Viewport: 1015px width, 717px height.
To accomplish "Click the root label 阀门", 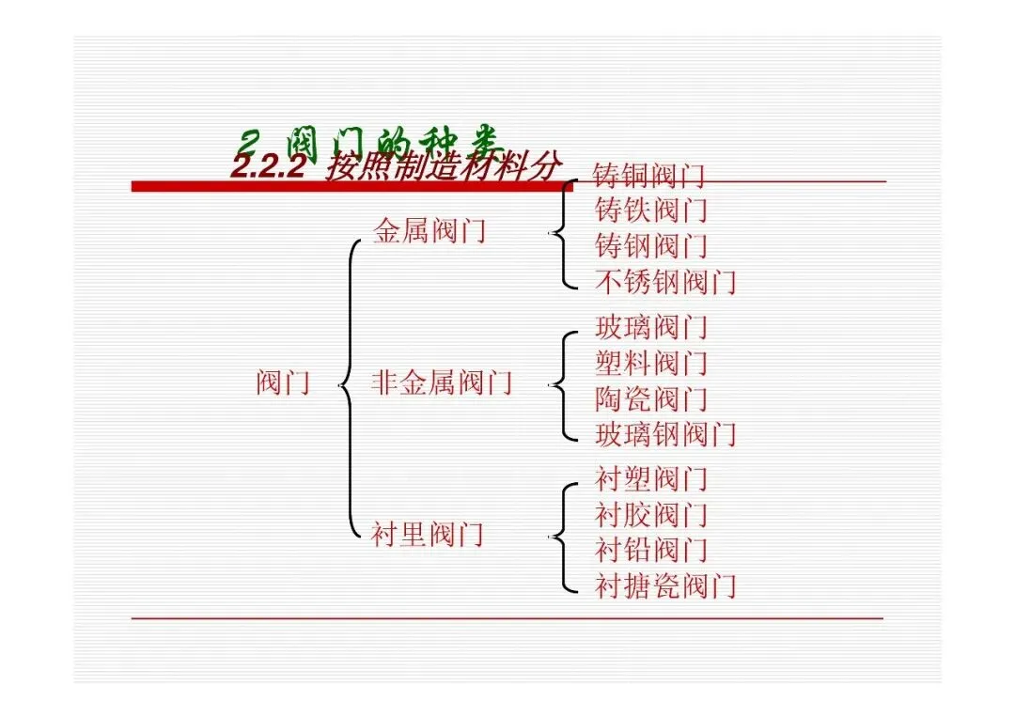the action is point(283,383).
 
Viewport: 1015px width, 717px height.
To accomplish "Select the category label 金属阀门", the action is point(429,230).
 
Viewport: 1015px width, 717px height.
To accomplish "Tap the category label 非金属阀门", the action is point(442,383).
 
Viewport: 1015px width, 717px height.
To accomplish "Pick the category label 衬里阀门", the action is point(428,536).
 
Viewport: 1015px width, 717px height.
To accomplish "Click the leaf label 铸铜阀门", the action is point(649,176).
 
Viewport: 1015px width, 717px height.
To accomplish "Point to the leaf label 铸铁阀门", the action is point(650,210).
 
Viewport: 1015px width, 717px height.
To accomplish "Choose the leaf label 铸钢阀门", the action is point(650,246).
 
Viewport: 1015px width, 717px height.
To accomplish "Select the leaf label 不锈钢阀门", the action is point(665,281).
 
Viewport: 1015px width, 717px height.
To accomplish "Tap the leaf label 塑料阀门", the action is point(650,364).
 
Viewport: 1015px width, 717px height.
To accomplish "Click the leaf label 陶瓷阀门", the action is point(650,399).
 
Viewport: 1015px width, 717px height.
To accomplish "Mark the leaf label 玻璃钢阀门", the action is point(665,434).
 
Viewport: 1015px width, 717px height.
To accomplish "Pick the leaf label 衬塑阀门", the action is point(650,480).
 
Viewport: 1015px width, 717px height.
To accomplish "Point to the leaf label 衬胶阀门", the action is point(650,515).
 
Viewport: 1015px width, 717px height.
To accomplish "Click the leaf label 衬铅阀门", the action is point(650,550).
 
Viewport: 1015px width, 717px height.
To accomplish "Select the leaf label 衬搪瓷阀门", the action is point(665,586).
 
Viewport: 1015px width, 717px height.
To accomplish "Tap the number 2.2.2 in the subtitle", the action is point(270,168).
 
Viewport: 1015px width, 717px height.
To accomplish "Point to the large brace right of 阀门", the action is point(351,385).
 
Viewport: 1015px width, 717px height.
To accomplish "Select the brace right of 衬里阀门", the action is point(561,537).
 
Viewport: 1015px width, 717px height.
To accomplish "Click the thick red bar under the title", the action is point(348,186).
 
